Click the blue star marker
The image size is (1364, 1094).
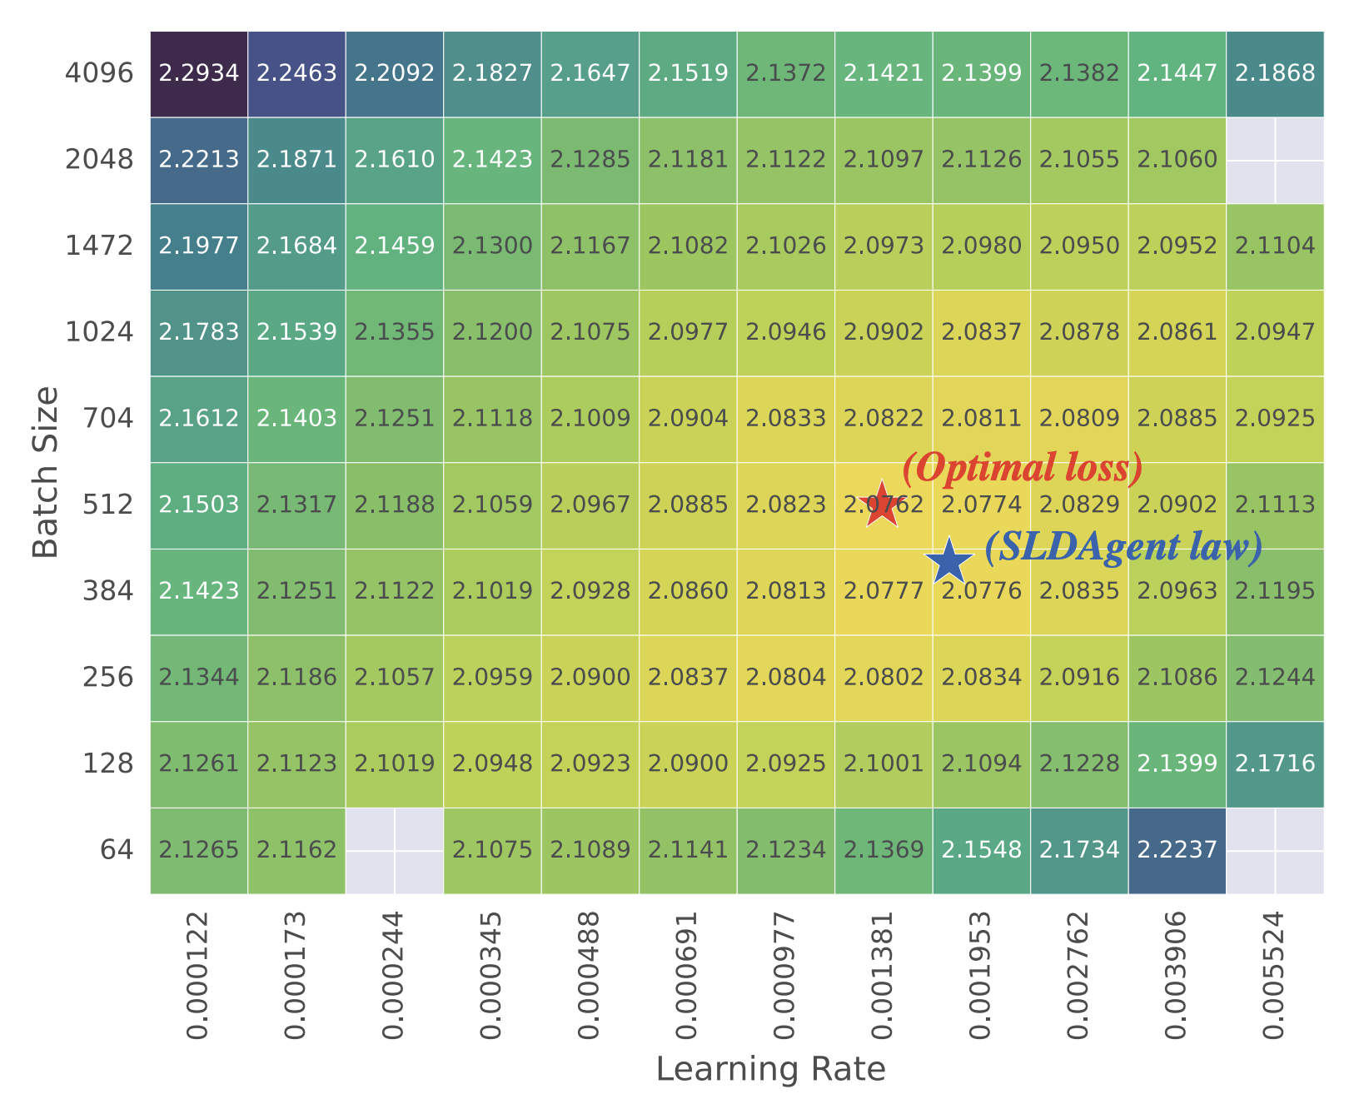pos(949,562)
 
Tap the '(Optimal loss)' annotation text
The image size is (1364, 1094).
pos(1023,468)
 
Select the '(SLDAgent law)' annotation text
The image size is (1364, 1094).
pos(1123,547)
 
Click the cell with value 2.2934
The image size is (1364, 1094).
pos(199,73)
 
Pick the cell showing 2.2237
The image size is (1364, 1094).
pos(1177,850)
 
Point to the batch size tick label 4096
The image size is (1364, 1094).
pos(99,73)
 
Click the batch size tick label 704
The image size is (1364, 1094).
pos(108,418)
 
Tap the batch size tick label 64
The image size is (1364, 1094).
pos(117,850)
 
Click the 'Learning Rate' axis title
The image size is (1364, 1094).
pos(770,1069)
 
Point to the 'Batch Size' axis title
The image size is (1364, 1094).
pos(46,472)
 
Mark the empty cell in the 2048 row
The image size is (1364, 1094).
pos(1275,160)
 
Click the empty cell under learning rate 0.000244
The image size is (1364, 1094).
pos(395,850)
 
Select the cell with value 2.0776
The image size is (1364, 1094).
pos(981,591)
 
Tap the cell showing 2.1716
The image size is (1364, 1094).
pos(1275,763)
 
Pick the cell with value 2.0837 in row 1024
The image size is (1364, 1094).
pos(981,332)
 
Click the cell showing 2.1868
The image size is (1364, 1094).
pos(1275,73)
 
